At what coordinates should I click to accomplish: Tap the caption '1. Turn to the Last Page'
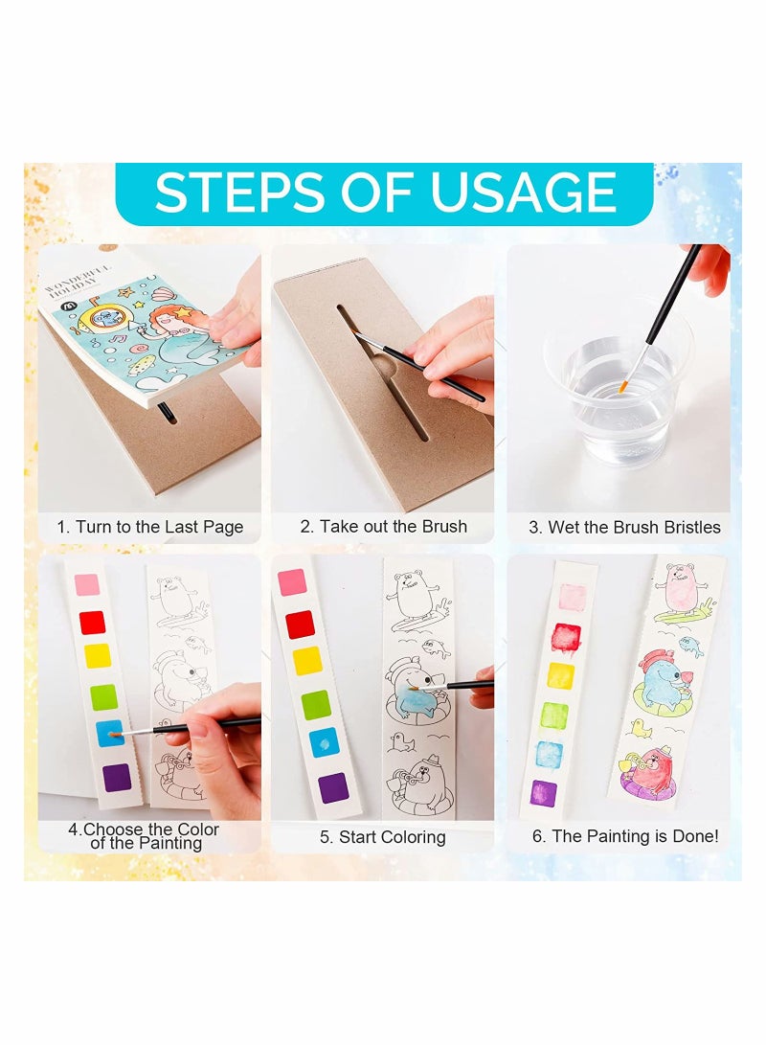point(149,527)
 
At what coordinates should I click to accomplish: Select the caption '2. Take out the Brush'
point(383,526)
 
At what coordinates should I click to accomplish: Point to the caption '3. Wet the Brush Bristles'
point(624,527)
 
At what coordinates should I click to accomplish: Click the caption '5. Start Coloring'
point(383,837)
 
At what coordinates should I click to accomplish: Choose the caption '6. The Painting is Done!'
point(624,836)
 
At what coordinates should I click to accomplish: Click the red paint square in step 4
point(92,623)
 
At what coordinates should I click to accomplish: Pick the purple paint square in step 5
point(331,786)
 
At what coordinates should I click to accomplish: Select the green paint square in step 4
point(102,696)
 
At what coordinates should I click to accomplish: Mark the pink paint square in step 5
point(291,582)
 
